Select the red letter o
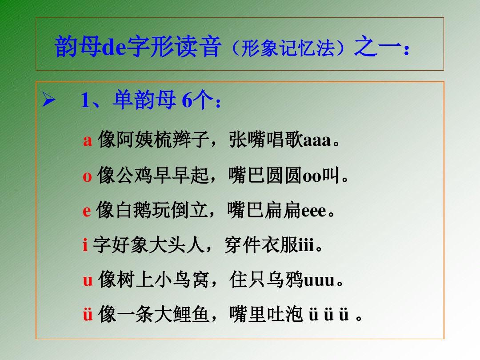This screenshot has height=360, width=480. tap(87, 176)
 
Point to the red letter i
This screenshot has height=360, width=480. tap(85, 245)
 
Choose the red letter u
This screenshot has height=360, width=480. tap(88, 280)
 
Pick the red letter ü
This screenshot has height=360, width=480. tap(88, 315)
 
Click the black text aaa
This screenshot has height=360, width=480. tap(317, 141)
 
